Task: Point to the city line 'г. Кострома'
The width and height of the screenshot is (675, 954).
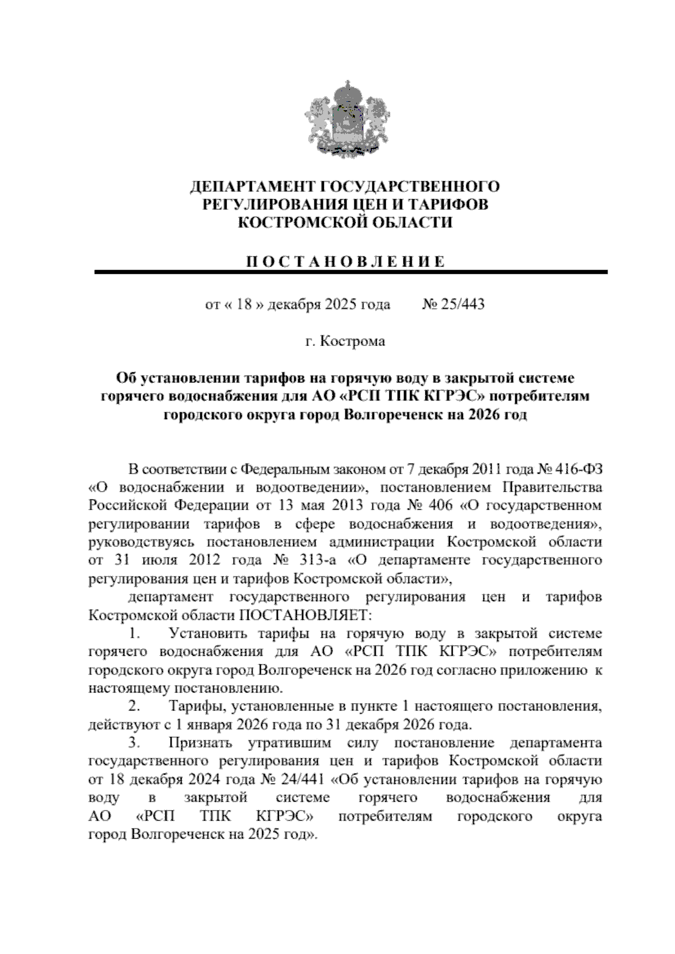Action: click(345, 341)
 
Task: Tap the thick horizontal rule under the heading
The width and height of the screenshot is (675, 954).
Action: click(351, 272)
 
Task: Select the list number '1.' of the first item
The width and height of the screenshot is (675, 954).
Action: click(133, 634)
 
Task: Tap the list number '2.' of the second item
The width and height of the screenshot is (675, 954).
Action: click(134, 706)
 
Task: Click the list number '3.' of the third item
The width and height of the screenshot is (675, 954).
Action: click(134, 743)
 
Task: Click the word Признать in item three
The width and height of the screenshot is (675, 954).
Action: click(200, 743)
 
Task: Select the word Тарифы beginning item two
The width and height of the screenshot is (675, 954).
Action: click(195, 706)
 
